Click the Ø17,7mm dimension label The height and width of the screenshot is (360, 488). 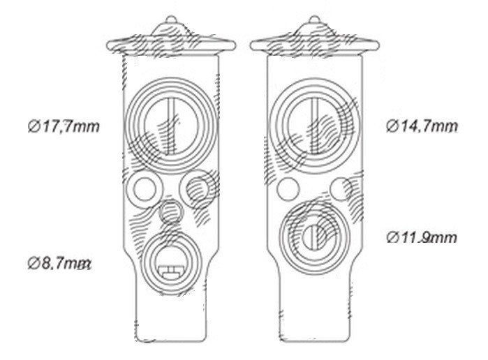tap(64, 127)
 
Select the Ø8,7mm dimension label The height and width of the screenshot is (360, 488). tap(59, 264)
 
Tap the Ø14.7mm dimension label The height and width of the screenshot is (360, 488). tap(422, 126)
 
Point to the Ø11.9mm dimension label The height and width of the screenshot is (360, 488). tap(422, 238)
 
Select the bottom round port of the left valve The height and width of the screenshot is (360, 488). tap(170, 264)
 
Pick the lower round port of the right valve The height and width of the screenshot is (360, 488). tap(314, 237)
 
